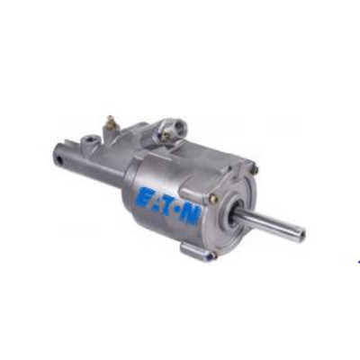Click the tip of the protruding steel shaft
pyautogui.click(x=302, y=231)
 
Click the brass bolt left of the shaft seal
pyautogui.click(x=213, y=199)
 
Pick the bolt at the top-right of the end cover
pyautogui.click(x=256, y=170)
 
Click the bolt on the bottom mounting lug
pyautogui.click(x=213, y=256)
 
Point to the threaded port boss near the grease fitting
pyautogui.click(x=87, y=141)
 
